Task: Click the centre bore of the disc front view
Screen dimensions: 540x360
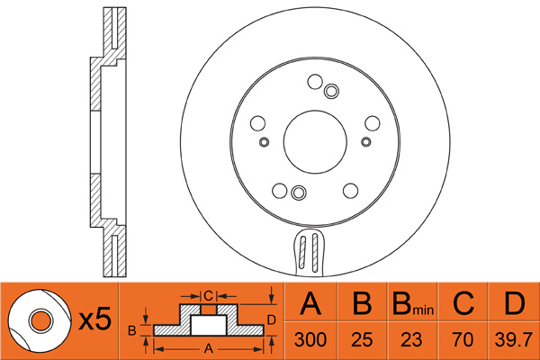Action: [315, 141]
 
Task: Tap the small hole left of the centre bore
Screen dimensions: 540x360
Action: [264, 141]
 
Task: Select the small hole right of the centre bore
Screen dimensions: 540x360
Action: [365, 141]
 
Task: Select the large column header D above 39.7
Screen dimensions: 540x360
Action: [514, 304]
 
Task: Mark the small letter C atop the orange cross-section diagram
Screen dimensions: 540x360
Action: [208, 294]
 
